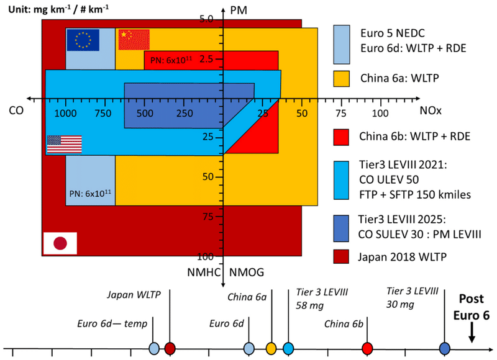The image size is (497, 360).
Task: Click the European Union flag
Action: point(83,40)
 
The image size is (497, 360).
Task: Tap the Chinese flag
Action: point(134,40)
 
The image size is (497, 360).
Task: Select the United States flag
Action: point(65,145)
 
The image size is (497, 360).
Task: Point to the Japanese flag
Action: point(60,243)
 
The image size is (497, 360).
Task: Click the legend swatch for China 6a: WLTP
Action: point(341,79)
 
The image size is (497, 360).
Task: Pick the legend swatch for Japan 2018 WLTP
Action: point(341,256)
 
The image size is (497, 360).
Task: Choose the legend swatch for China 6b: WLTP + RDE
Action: point(341,137)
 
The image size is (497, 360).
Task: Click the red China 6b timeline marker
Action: point(367,348)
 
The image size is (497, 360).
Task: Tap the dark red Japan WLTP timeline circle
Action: point(170,348)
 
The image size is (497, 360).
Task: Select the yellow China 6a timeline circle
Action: point(271,348)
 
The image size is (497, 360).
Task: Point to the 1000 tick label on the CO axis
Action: point(65,113)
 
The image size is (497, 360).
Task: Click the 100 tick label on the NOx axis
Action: point(380,113)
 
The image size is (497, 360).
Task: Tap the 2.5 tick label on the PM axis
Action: point(206,59)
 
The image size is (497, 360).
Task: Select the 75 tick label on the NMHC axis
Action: point(208,217)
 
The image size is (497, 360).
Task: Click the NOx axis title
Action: point(431,110)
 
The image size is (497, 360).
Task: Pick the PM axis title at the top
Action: point(239,11)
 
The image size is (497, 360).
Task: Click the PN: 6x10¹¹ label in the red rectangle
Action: point(171,60)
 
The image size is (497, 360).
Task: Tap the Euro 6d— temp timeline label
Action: point(112,323)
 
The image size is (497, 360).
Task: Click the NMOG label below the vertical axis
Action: point(246,272)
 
